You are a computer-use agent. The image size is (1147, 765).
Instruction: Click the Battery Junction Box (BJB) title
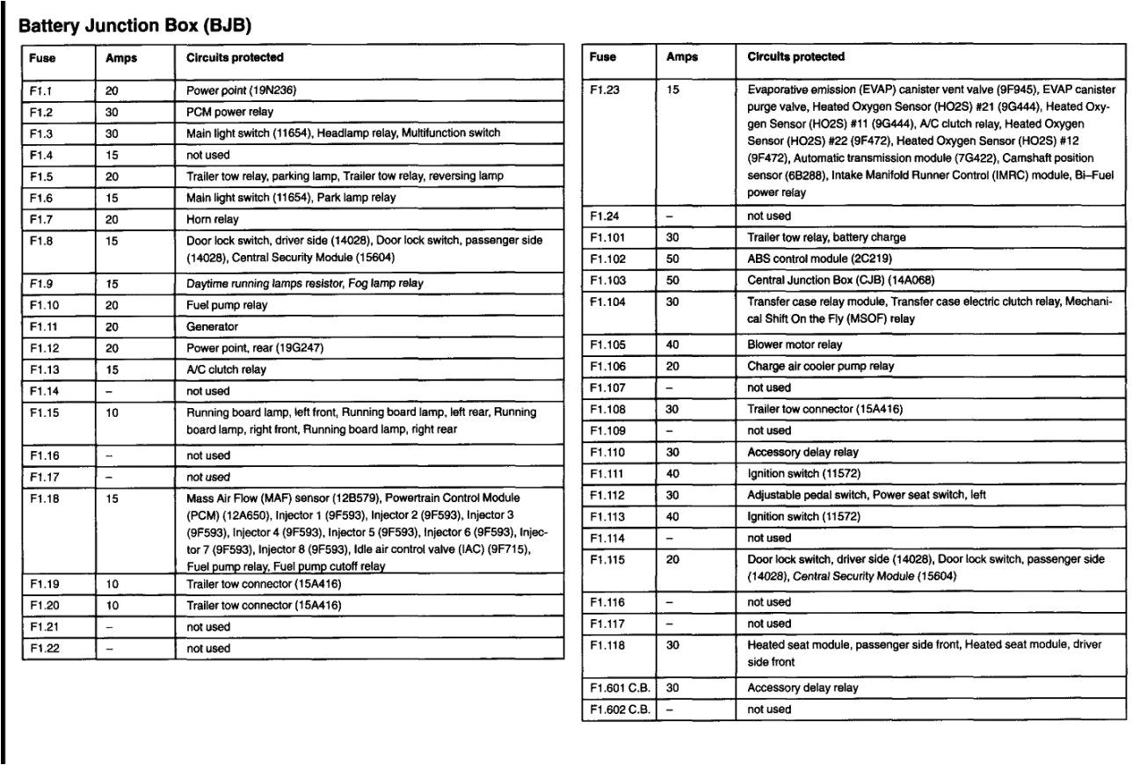[135, 26]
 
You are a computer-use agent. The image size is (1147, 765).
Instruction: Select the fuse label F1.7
[42, 219]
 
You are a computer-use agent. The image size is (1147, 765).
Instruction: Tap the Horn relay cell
[213, 219]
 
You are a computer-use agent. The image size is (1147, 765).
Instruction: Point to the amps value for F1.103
[673, 280]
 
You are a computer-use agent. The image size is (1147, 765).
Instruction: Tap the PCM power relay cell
[229, 112]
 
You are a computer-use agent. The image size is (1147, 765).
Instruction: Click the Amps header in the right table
[682, 57]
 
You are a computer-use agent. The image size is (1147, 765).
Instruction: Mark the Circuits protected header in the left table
[235, 58]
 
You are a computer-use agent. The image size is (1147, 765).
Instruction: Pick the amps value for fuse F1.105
[673, 345]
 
